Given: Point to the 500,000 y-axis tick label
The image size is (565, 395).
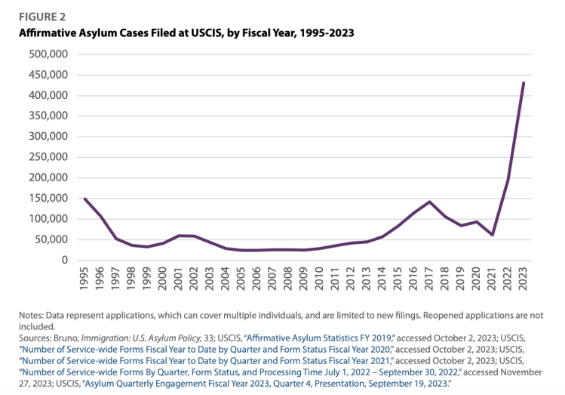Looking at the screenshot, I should click(48, 54).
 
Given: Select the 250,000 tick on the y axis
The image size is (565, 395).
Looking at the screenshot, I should click(48, 157).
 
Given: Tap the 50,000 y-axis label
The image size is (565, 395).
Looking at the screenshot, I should click(51, 239).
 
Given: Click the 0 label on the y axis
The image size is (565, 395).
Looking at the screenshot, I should click(66, 260).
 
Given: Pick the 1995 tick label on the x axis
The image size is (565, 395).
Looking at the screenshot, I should click(84, 279).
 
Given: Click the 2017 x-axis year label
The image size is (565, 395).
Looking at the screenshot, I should click(429, 279).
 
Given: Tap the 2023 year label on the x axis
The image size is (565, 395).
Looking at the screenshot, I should click(524, 279).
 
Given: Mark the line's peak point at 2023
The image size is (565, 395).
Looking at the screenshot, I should click(524, 83).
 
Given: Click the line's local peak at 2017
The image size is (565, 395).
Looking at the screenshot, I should click(429, 202).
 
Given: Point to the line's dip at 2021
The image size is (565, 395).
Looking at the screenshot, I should click(492, 235).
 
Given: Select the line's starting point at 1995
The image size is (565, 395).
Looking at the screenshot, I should click(84, 199).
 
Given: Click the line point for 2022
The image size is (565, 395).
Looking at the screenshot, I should click(508, 179).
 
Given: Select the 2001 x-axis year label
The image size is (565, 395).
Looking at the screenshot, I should click(179, 279).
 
